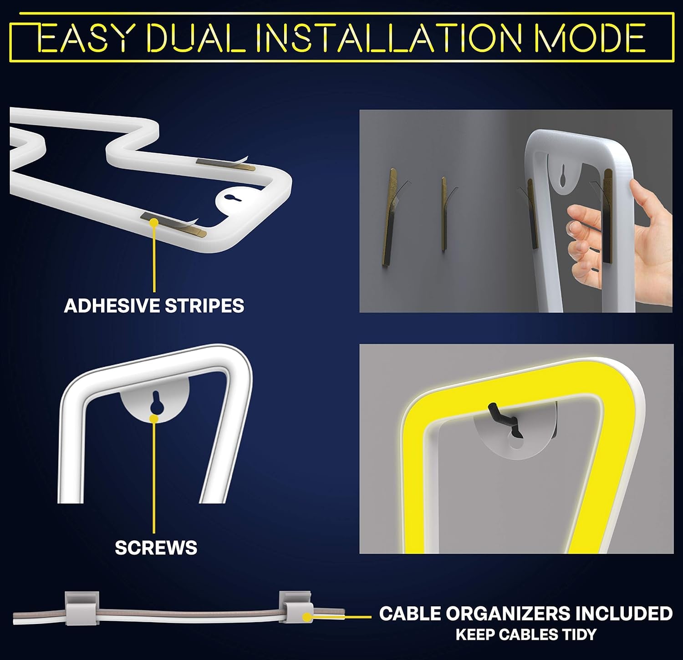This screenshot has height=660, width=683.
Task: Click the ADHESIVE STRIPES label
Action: point(154,306)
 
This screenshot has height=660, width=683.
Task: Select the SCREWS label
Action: point(156,548)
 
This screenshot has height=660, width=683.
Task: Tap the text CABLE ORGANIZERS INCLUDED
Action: point(526,613)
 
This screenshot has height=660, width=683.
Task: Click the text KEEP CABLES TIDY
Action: point(526,635)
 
